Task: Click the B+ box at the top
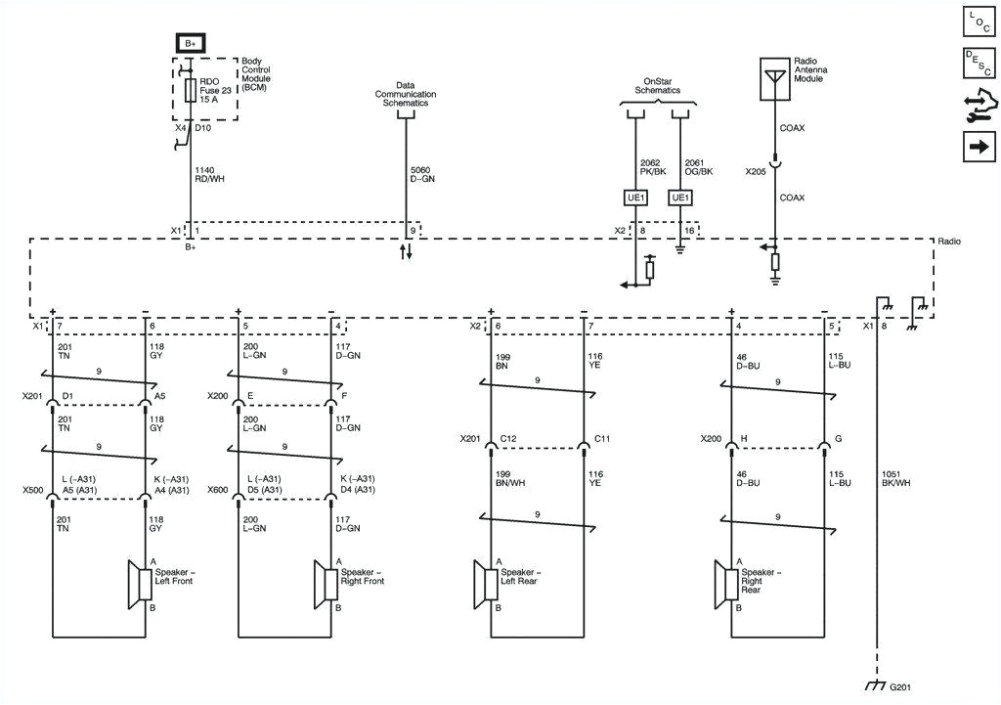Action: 190,43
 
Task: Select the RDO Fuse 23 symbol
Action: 190,91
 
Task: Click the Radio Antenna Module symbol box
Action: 774,78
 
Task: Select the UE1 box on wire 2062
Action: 635,198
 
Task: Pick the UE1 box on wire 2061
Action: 679,198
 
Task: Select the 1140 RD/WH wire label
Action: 205,174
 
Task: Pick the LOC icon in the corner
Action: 979,22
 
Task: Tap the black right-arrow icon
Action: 979,148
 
